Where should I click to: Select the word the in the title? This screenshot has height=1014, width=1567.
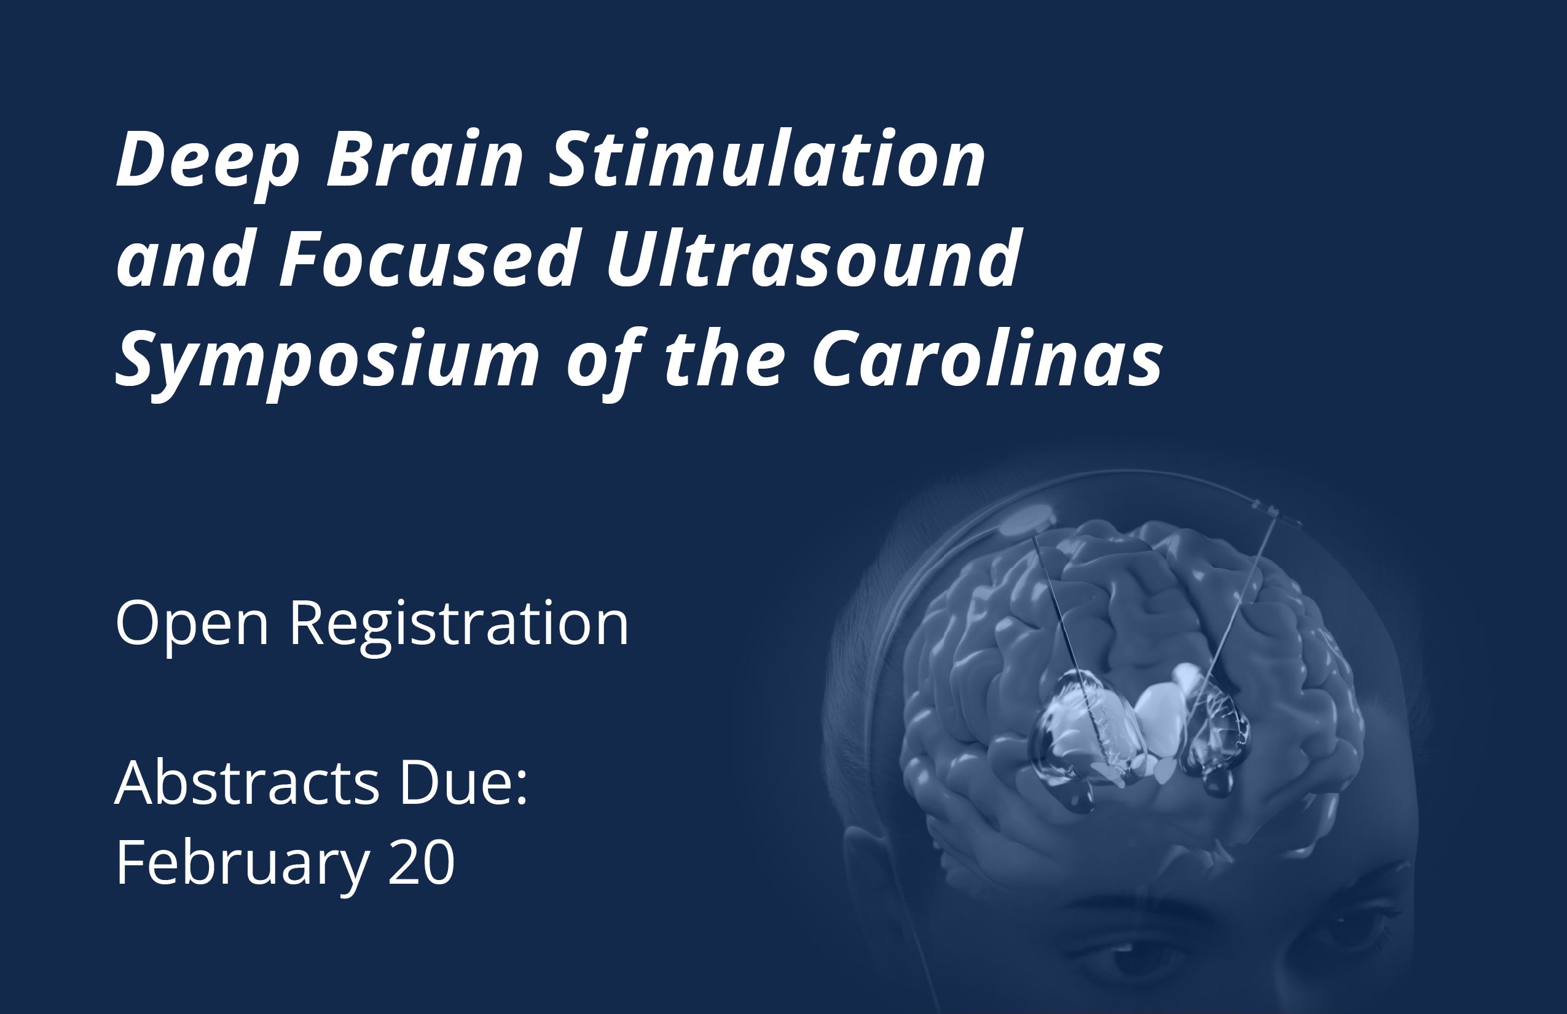[x=725, y=359]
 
